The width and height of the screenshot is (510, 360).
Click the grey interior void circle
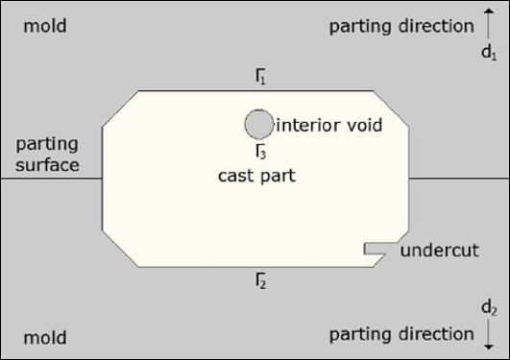258,124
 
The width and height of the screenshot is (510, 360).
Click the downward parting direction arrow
490,335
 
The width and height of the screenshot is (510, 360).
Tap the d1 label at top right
489,54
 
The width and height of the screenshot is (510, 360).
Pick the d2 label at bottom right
489,307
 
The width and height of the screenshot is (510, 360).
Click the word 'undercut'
439,252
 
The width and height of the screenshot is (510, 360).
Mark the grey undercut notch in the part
374,249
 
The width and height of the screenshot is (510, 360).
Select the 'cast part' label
255,177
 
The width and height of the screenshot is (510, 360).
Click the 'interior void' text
328,125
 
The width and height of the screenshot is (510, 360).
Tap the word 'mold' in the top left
45,26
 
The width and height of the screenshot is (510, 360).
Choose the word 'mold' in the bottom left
45,337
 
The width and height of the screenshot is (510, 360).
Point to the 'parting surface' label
46,156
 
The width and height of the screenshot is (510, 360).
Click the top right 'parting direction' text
401,26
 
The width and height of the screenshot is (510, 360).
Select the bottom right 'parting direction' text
401,335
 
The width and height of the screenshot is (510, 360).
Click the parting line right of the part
459,179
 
